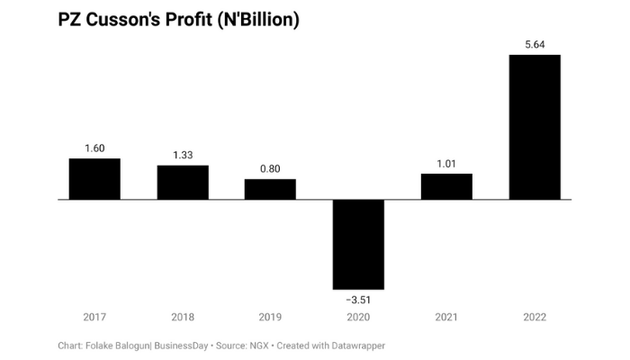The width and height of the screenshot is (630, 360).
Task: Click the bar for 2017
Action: coord(94,179)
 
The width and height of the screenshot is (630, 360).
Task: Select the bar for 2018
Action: coord(183,183)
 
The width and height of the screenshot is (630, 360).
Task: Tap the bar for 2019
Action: coord(270,189)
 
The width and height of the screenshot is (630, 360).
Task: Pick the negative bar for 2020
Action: coord(358,244)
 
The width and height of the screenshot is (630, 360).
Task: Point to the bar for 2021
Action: coord(446,186)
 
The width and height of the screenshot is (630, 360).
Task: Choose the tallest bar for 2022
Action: coord(535,127)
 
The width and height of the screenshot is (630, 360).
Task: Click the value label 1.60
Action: coord(94,148)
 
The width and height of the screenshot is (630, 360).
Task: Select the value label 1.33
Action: coord(183,154)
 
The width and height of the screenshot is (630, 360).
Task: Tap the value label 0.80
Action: coord(270,167)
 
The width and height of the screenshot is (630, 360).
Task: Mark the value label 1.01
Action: coord(446,163)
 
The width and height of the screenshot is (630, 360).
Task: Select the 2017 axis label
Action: coord(94,317)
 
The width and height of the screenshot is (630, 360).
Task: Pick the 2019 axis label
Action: coord(270,317)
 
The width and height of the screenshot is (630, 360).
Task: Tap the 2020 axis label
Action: coord(358,317)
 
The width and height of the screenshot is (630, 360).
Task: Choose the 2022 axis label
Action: coord(535,317)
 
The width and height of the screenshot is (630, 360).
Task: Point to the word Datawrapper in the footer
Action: coord(354,345)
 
